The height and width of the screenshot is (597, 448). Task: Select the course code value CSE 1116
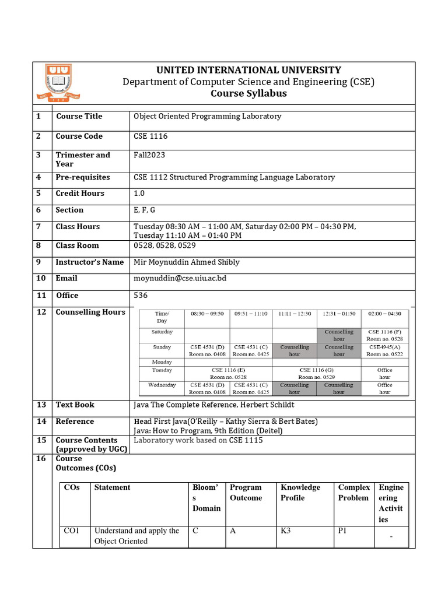tap(150, 136)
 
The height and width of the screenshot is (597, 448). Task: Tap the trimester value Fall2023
tap(149, 155)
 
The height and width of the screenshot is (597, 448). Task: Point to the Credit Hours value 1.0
tap(140, 194)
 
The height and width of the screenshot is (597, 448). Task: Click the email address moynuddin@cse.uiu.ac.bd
tap(180, 279)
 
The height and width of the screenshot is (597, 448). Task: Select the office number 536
tap(141, 296)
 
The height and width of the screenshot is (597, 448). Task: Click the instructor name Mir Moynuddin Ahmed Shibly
tap(187, 262)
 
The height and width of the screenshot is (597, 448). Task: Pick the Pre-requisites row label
tap(82, 177)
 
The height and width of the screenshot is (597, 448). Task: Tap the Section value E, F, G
tap(145, 210)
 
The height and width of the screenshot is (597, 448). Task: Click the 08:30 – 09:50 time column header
tap(207, 314)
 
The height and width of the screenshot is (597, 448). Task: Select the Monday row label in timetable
tap(162, 362)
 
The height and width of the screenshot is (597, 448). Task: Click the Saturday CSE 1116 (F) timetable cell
tap(384, 335)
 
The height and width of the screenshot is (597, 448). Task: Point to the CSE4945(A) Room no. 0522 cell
tap(384, 350)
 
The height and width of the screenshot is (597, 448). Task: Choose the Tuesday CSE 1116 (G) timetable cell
tap(317, 373)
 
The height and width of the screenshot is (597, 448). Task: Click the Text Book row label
tap(75, 405)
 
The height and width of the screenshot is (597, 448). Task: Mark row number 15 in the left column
tap(41, 441)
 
